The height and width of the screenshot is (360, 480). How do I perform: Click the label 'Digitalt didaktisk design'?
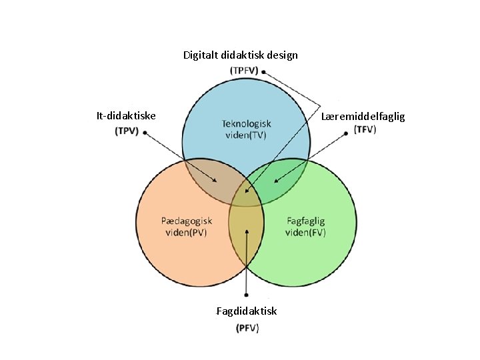pos(240,55)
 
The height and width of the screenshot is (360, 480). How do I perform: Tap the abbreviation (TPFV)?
pos(244,70)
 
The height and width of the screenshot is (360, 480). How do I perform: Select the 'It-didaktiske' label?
pos(126,116)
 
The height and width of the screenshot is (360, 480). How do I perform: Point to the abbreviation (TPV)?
pos(127,131)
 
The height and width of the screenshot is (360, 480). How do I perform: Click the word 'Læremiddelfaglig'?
pos(362,117)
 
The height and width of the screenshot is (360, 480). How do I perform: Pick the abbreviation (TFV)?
pos(365,129)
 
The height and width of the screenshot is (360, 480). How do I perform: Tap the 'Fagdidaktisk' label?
pos(246,311)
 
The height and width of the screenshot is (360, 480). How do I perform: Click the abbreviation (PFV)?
pos(247,327)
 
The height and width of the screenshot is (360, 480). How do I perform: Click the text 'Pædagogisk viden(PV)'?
pos(187,226)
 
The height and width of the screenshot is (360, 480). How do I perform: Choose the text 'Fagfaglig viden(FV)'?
pos(305,226)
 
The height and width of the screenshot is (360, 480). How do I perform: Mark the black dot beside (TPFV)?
pos(265,70)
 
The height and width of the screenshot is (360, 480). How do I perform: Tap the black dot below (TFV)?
pos(347,133)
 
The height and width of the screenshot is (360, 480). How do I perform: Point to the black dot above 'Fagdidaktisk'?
pos(247,295)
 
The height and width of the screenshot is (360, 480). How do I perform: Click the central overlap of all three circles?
pos(246,196)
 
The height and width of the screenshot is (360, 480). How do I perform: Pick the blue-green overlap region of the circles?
pos(280,180)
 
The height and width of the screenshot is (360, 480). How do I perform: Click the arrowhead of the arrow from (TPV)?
pos(216,181)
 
